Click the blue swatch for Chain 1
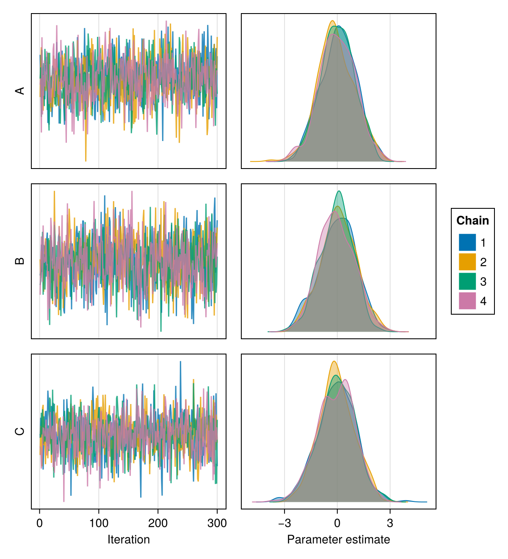(x=467, y=242)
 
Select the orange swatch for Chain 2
(x=467, y=262)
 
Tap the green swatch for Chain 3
(x=467, y=281)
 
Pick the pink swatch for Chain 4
(x=467, y=301)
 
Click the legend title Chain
(x=472, y=220)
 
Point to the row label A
(x=20, y=91)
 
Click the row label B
(x=20, y=261)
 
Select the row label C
(x=20, y=431)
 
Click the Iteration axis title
(x=128, y=540)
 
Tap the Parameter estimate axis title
(x=338, y=540)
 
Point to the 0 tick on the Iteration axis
(x=39, y=523)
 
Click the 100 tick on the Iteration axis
(x=99, y=523)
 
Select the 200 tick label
(x=158, y=523)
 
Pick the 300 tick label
(x=217, y=523)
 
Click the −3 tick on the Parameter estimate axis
(x=284, y=523)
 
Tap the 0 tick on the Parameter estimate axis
(x=337, y=523)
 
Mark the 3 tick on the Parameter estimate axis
(x=390, y=523)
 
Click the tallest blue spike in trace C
(x=180, y=362)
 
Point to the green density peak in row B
(x=339, y=191)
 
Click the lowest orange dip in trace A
(x=86, y=161)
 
